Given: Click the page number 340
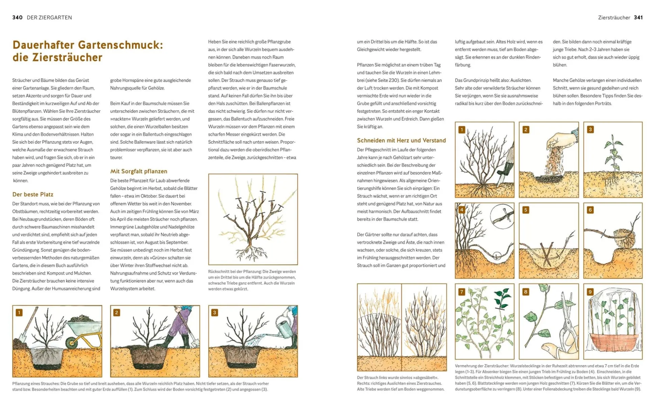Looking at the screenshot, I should pos(17,18).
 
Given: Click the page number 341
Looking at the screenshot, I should pos(638,18).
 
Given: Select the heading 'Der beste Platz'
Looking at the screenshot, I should pos(33,194).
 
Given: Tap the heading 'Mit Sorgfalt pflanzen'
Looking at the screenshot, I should pos(138,171).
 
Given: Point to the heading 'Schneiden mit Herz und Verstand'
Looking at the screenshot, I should pos(401,140).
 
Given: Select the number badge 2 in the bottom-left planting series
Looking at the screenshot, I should pos(116,312).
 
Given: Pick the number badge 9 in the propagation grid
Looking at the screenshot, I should pos(590,292).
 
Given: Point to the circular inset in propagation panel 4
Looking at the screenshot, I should pos(502,216).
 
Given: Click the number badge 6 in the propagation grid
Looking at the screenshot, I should pos(590,210).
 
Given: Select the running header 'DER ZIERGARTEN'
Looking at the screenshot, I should pos(49,18).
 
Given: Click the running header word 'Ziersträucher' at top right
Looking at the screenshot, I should pos(614,18).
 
